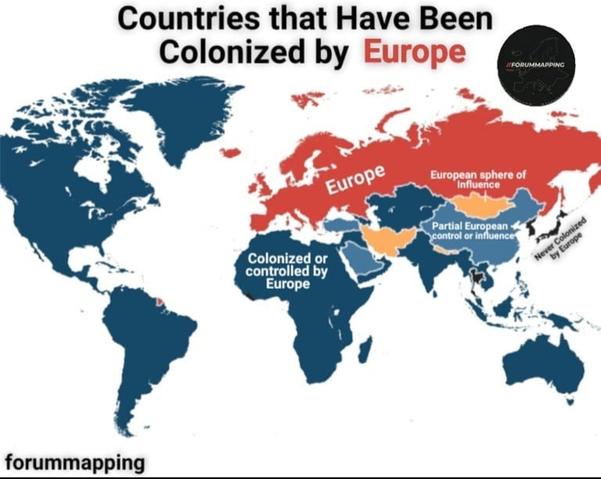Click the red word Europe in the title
coord(415,52)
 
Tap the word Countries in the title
coord(187,20)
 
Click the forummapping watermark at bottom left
coord(75,462)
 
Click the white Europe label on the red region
coord(354,180)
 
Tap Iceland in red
coord(230,152)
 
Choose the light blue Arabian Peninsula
coord(362,262)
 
